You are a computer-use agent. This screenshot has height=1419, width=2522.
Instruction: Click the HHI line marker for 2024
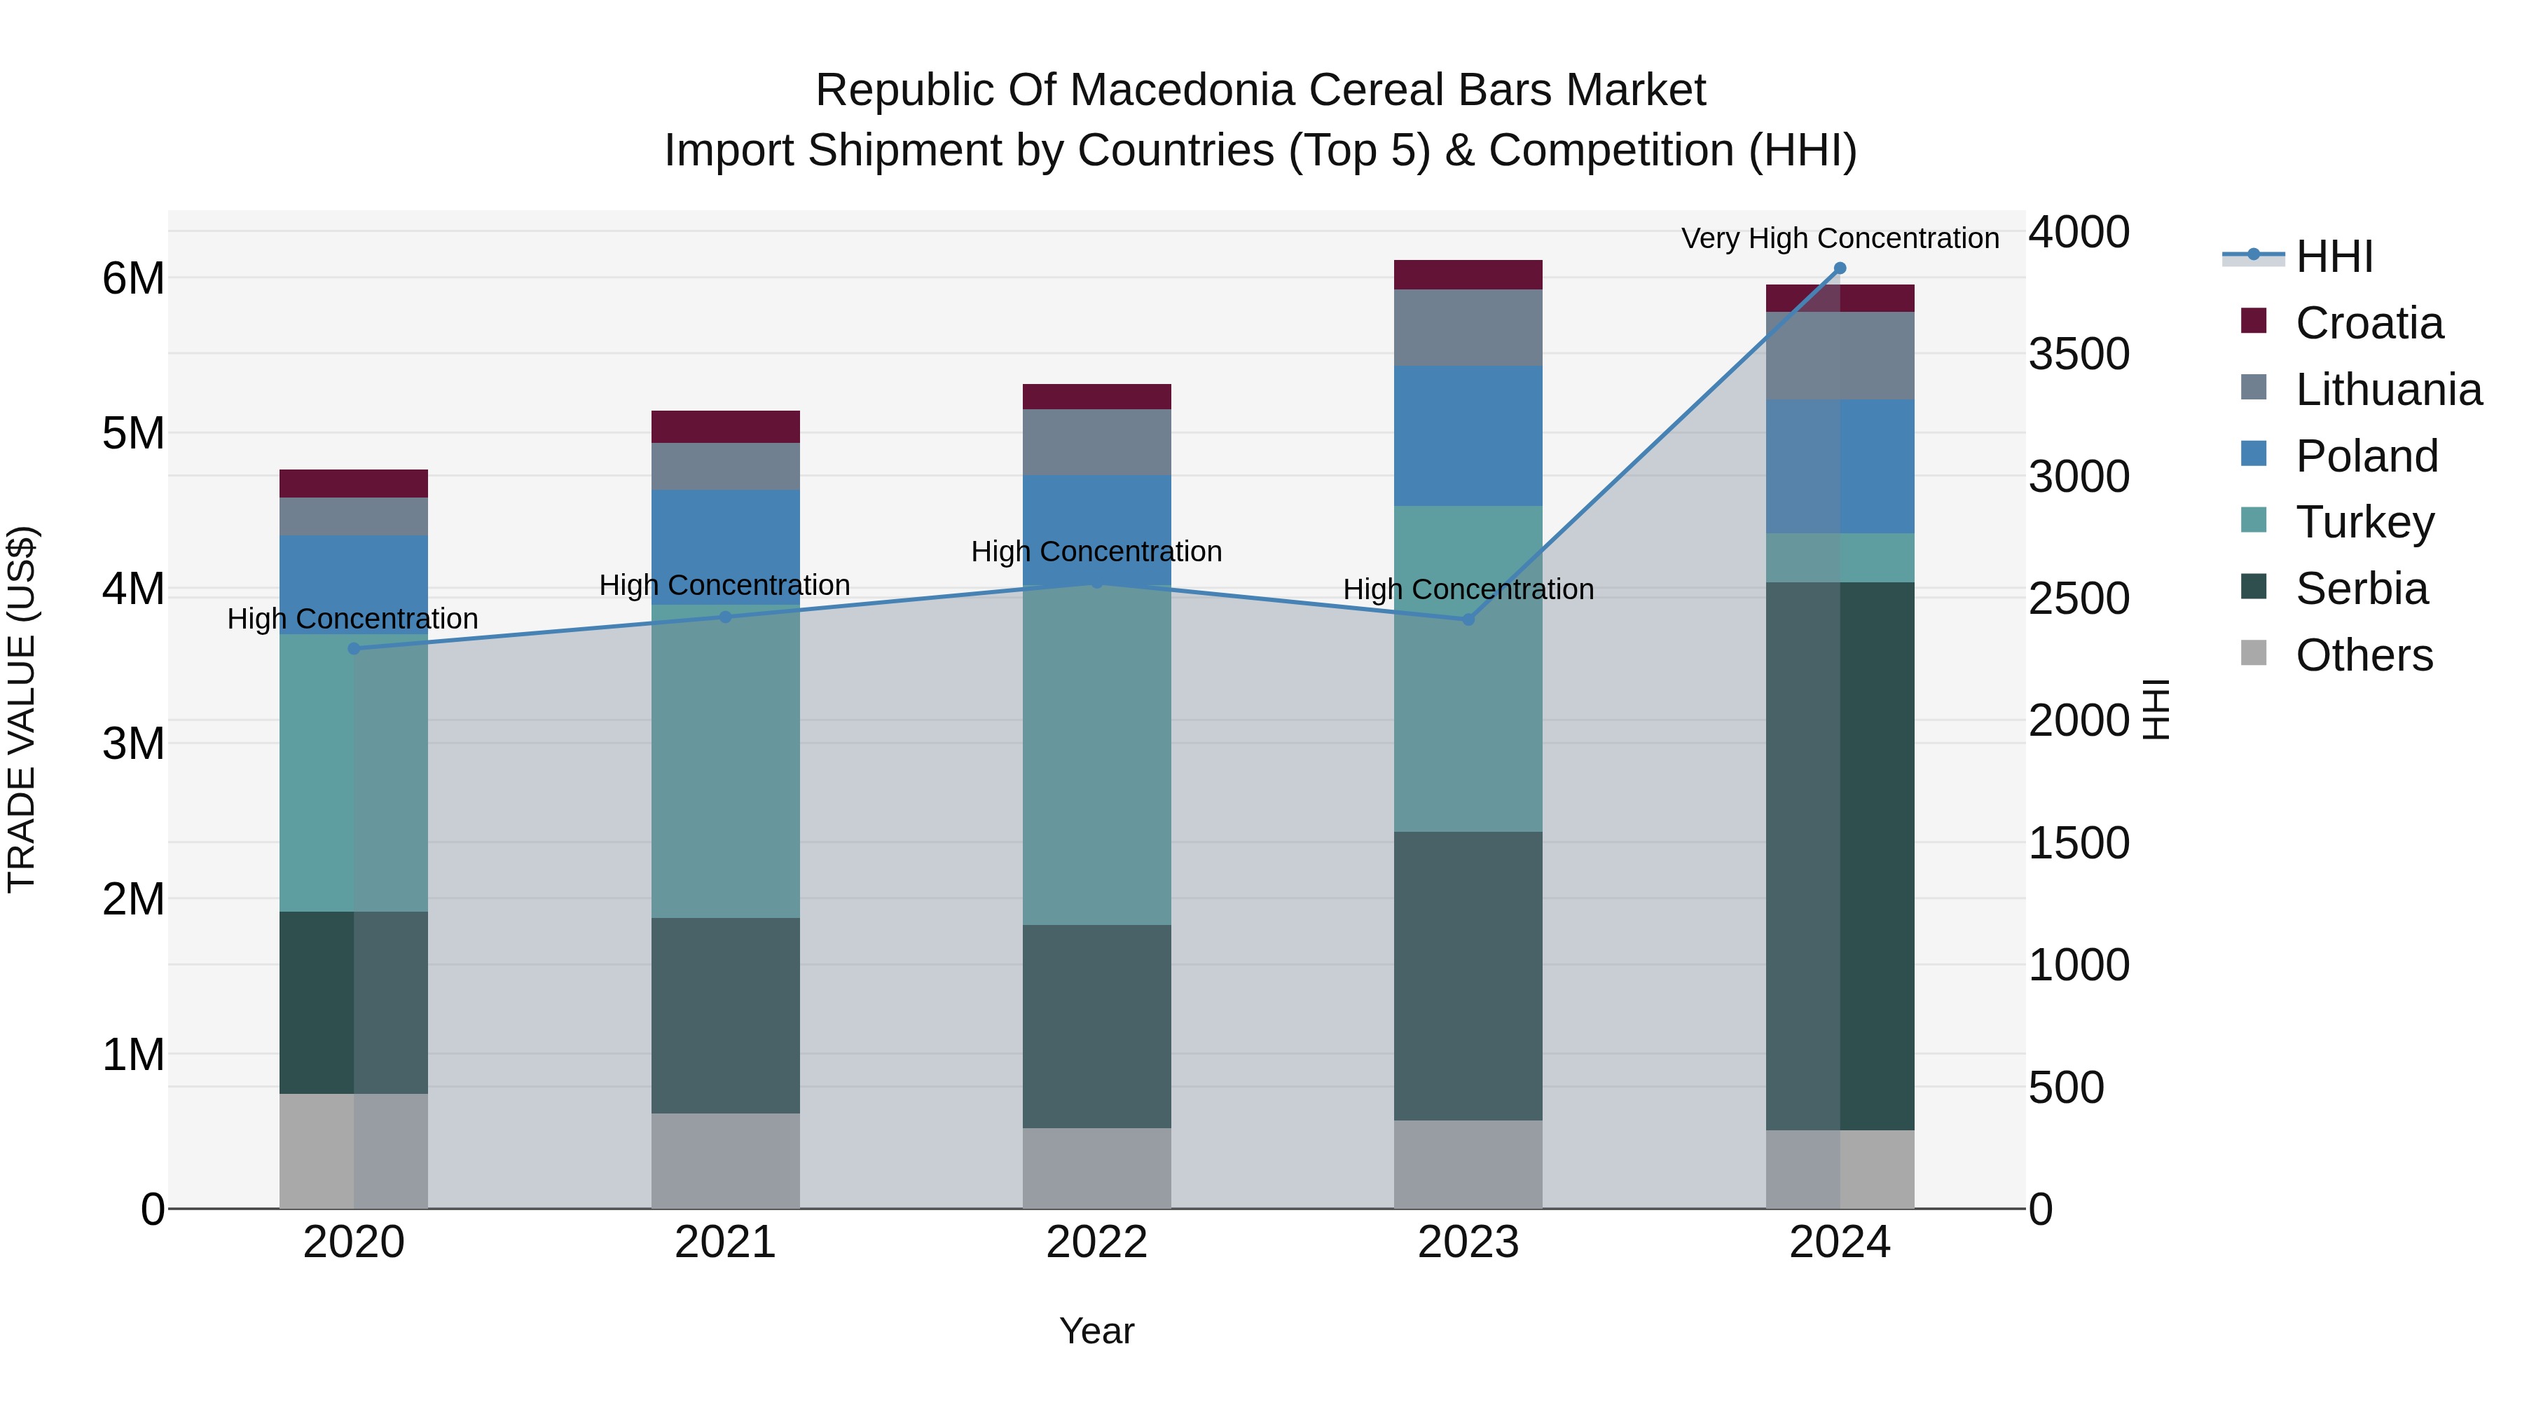[1840, 268]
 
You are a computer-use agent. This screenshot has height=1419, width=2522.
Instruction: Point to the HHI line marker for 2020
[354, 648]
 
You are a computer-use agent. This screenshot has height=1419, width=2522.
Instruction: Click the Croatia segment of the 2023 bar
[1468, 275]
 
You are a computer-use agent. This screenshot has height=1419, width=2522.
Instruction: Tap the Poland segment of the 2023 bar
[1468, 436]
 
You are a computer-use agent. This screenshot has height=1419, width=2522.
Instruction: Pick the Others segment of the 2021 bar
[726, 1160]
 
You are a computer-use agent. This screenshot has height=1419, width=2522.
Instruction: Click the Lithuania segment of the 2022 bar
[1096, 443]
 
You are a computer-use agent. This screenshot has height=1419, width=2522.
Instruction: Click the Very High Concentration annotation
[1840, 239]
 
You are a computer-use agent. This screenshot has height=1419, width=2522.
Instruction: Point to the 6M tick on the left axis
[134, 279]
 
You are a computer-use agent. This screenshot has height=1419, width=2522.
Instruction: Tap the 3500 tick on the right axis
[2078, 355]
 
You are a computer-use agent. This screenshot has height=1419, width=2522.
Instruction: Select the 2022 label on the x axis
[1096, 1242]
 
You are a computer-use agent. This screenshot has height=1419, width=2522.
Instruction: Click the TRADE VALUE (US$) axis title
[22, 709]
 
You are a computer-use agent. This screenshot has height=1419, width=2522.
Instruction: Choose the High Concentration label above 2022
[1096, 552]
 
